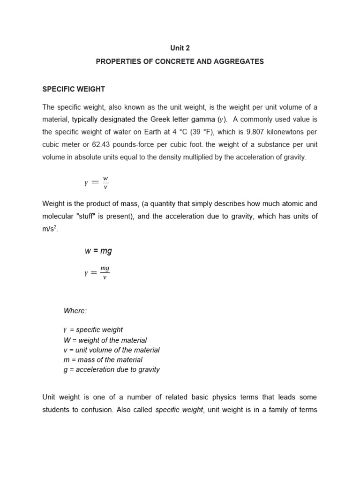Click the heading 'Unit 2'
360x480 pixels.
(x=180, y=48)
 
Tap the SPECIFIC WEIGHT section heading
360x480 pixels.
(x=74, y=89)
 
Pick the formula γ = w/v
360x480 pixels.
(x=97, y=183)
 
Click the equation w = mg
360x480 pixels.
(x=98, y=251)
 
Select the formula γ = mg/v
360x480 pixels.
(x=97, y=272)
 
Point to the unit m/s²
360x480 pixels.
(x=50, y=229)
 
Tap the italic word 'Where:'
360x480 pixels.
(x=75, y=311)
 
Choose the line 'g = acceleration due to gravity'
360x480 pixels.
(x=112, y=369)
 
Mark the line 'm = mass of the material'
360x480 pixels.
(x=103, y=360)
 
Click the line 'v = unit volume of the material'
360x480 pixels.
(x=112, y=350)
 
